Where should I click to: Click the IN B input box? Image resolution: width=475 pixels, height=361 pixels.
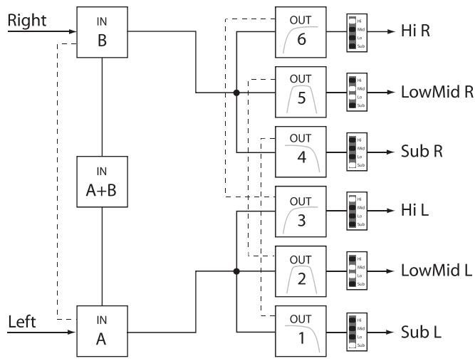pos(103,32)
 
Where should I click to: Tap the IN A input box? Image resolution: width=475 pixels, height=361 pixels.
pos(103,331)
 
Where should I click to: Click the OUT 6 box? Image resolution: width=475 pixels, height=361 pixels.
pos(301,32)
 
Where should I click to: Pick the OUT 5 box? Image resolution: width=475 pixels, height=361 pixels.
pos(301,92)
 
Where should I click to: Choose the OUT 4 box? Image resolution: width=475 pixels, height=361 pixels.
pos(301,152)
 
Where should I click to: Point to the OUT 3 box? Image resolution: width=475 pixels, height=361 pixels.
pos(301,211)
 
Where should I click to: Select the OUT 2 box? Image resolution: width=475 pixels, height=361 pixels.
pos(301,271)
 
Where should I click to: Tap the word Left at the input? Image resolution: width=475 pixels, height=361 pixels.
pos(22,321)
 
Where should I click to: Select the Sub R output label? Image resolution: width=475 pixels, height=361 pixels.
pos(419,152)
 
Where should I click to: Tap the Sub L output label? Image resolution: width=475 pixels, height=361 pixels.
pos(419,332)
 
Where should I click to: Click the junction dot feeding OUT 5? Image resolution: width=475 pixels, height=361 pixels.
pos(236,93)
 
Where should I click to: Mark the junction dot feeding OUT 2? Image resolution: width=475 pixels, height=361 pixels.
pos(236,271)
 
